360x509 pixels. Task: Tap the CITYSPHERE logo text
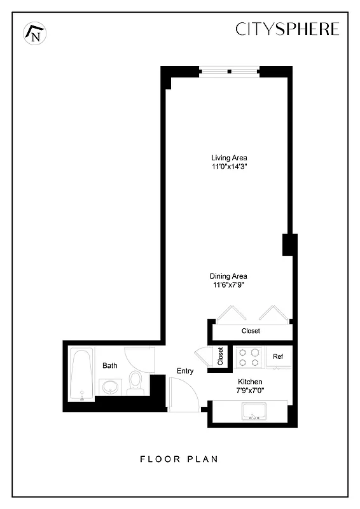pos(287,29)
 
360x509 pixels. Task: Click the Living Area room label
pos(229,158)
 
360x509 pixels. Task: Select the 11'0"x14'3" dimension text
pos(229,167)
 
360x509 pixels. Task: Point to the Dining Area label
pos(228,276)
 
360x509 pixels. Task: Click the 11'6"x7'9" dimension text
pos(228,285)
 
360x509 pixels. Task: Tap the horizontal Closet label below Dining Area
pos(251,331)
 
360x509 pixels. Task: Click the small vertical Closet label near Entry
pos(220,356)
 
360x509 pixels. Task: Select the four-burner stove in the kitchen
pos(249,356)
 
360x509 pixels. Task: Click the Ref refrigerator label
pos(278,356)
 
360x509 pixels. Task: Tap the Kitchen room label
pos(249,382)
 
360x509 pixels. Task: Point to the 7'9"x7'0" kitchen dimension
pos(249,391)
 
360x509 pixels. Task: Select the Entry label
pos(185,371)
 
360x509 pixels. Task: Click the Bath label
pos(110,366)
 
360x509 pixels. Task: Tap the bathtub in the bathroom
pos(80,375)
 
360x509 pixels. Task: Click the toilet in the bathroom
pos(135,382)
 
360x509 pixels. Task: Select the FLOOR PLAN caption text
pos(179,459)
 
